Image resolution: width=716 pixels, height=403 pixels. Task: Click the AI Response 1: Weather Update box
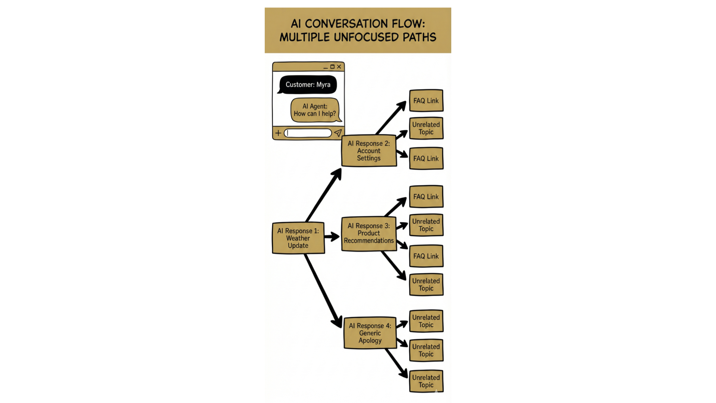(298, 238)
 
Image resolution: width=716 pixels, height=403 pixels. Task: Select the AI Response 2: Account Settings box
(368, 151)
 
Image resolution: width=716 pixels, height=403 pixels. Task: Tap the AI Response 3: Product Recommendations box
(368, 234)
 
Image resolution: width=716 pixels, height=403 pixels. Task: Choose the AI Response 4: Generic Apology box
(370, 333)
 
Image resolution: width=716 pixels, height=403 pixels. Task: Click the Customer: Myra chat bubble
(308, 85)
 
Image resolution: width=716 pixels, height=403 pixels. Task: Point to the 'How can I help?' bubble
(315, 110)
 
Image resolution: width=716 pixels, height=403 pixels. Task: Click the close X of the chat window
(339, 67)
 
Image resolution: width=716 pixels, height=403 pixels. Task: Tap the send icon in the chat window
(338, 133)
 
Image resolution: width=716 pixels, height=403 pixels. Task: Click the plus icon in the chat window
(278, 133)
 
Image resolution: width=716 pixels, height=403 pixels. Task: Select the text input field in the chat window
(308, 133)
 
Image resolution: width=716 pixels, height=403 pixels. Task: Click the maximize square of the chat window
(332, 67)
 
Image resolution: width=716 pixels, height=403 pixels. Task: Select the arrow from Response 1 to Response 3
(332, 237)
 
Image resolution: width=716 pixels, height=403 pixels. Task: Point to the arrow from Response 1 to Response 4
(323, 291)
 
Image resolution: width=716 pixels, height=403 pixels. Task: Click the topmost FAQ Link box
(426, 101)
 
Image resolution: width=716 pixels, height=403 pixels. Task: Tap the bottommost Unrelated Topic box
(426, 381)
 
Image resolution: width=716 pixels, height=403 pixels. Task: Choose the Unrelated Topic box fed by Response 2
(426, 128)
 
